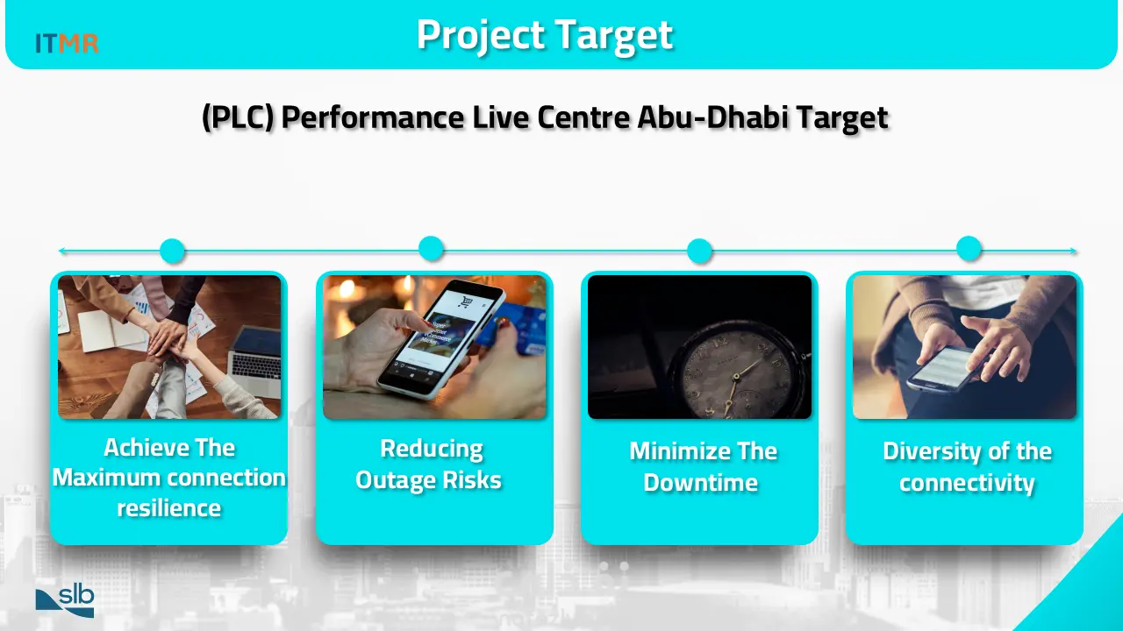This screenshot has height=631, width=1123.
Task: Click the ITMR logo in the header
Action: click(x=67, y=43)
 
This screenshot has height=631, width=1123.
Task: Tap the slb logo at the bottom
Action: click(x=65, y=600)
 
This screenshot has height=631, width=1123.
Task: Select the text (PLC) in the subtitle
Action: click(x=238, y=117)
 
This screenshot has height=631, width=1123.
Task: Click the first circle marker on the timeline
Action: click(x=173, y=251)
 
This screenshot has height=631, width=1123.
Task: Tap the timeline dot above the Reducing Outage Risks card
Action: click(x=431, y=249)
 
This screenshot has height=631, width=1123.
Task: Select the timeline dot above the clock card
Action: click(x=700, y=251)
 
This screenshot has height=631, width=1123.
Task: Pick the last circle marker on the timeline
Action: click(x=969, y=249)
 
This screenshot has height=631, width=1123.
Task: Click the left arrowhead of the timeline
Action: click(x=61, y=251)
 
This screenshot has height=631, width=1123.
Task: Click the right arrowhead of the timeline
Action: click(x=1073, y=251)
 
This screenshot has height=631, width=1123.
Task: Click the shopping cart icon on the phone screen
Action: click(x=466, y=301)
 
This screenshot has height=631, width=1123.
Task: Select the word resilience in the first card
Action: click(x=169, y=508)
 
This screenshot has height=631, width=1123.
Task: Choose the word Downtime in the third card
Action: click(x=700, y=483)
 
